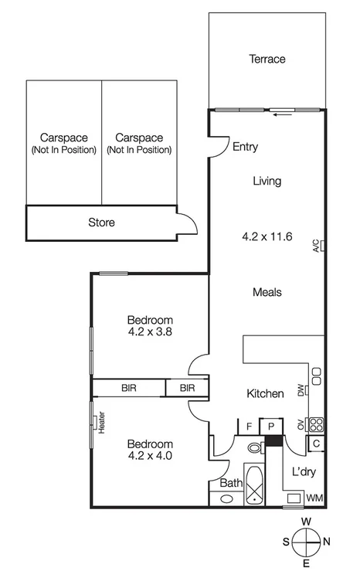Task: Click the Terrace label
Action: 267,59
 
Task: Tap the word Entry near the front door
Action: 245,147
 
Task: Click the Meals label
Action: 267,292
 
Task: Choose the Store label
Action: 101,223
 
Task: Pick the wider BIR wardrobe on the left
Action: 128,388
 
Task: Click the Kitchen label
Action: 265,394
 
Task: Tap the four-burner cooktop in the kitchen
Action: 316,424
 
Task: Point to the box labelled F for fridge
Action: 249,427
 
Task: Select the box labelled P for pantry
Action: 271,427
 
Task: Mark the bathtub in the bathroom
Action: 255,485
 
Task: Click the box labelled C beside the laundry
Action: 317,444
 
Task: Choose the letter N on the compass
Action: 327,542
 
